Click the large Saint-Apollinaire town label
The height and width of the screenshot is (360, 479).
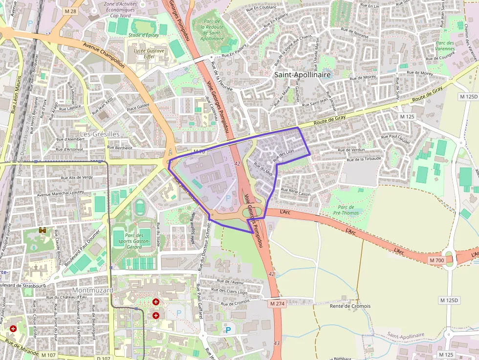tap(303, 75)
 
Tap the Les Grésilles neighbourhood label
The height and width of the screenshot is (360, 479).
tap(100, 134)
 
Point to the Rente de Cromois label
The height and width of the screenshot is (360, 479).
tap(350, 306)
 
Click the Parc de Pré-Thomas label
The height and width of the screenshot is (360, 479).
tap(346, 210)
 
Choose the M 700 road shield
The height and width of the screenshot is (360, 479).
tap(436, 261)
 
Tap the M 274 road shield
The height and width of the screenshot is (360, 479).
tap(277, 303)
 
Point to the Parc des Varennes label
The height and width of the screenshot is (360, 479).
tap(445, 46)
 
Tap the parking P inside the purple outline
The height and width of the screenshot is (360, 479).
tap(227, 198)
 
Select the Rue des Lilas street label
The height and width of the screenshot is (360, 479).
tap(283, 155)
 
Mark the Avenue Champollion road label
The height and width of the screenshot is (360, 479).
tap(104, 55)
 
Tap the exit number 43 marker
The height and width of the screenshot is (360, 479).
tap(277, 343)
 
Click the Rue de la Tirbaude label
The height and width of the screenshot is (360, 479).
tap(363, 159)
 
